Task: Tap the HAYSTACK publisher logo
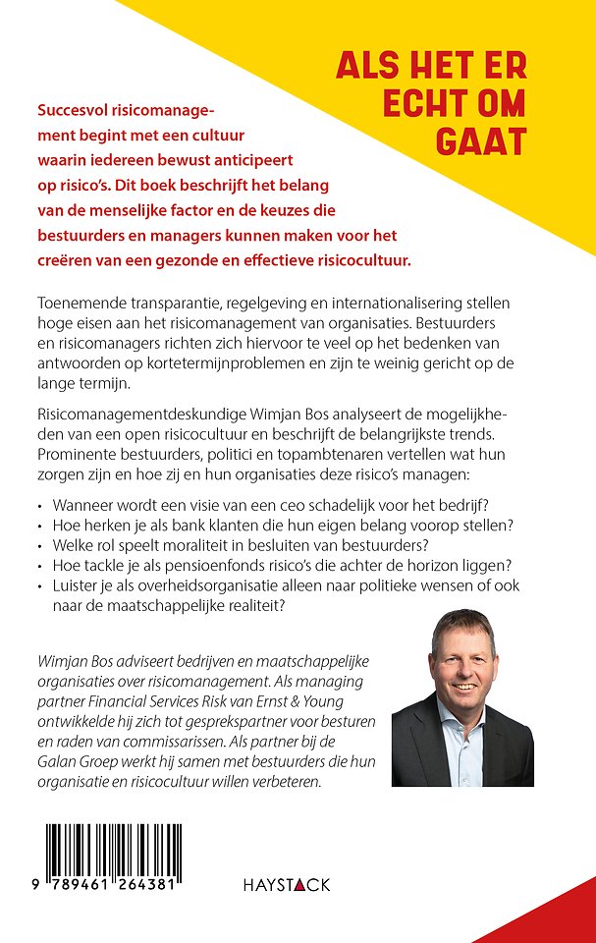click(286, 885)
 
